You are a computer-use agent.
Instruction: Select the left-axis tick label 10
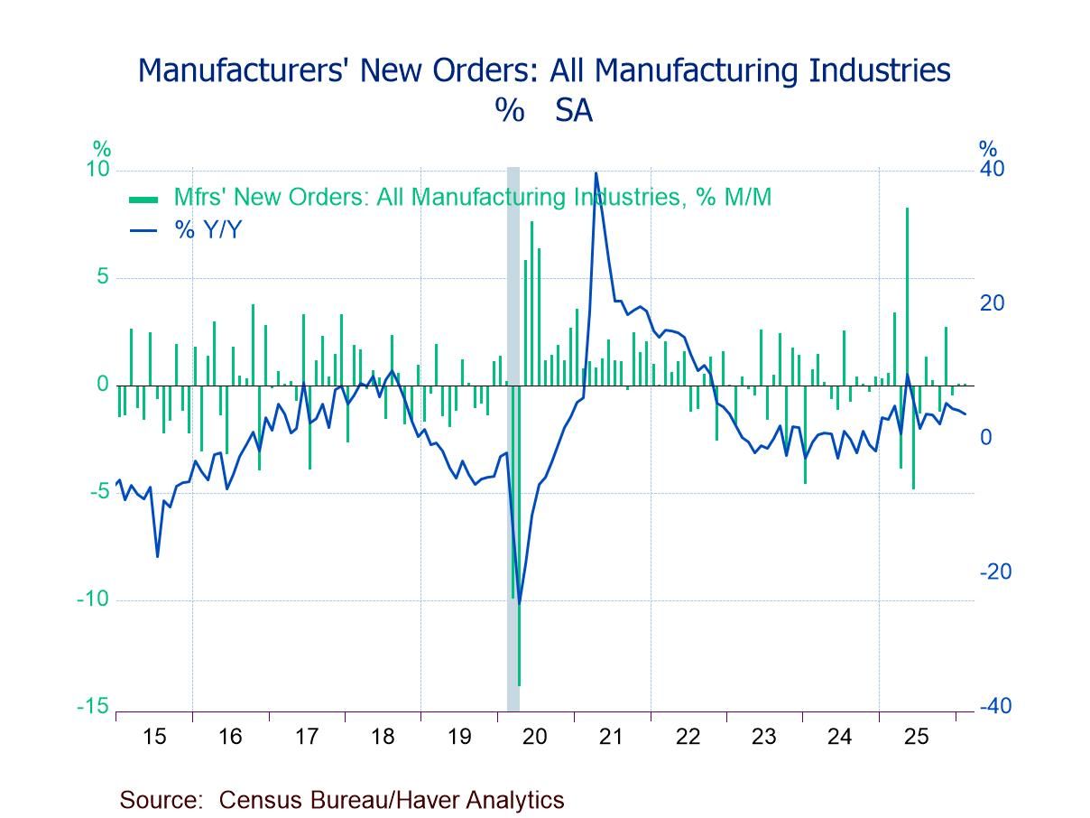(97, 170)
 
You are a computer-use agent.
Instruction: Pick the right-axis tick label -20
(994, 572)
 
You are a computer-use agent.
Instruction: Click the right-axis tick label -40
(994, 706)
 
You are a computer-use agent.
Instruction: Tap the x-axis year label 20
(535, 737)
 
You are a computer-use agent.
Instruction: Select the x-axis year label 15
(154, 737)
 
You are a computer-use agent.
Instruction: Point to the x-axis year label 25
(916, 737)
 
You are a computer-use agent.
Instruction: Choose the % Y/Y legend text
(208, 230)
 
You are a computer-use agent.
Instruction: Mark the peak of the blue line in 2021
(596, 173)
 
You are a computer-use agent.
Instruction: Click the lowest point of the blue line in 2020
(519, 603)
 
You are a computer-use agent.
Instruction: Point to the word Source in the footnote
(159, 800)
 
